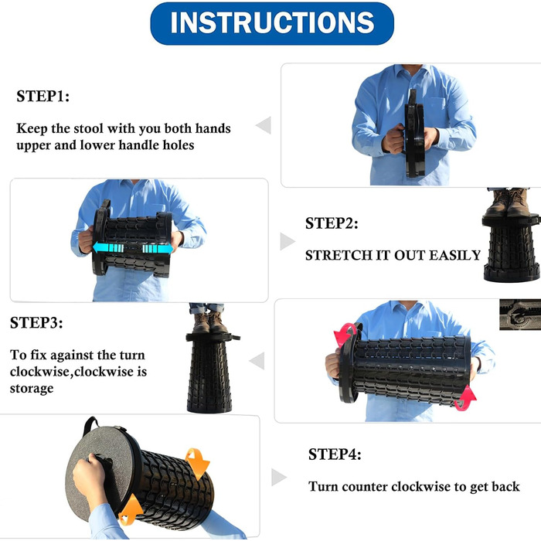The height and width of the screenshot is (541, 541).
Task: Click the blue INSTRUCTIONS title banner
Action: (272, 23)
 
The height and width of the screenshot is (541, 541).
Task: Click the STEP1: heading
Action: (43, 97)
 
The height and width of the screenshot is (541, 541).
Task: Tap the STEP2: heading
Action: (332, 223)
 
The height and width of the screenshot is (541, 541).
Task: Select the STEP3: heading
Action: (36, 323)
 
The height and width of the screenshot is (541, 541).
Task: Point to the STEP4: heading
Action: (335, 454)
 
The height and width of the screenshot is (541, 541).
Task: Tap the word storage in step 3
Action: (32, 389)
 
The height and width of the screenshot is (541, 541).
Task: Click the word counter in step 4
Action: (365, 486)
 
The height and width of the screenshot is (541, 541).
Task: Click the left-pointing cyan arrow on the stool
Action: (108, 248)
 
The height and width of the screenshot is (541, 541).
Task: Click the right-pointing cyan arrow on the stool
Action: (158, 249)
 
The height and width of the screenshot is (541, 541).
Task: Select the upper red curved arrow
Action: (345, 335)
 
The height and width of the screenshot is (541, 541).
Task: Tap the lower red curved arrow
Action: (466, 399)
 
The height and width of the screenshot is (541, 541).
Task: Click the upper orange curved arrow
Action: (197, 463)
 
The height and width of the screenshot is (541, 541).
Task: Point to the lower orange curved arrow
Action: (131, 509)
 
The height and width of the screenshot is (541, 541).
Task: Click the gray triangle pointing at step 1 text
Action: (264, 125)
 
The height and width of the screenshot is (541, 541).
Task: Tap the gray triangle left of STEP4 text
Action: (279, 477)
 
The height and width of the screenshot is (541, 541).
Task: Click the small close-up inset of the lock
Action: (520, 315)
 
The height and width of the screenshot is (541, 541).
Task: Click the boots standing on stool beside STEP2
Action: (507, 203)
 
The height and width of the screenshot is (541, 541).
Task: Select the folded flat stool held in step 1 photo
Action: (414, 134)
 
